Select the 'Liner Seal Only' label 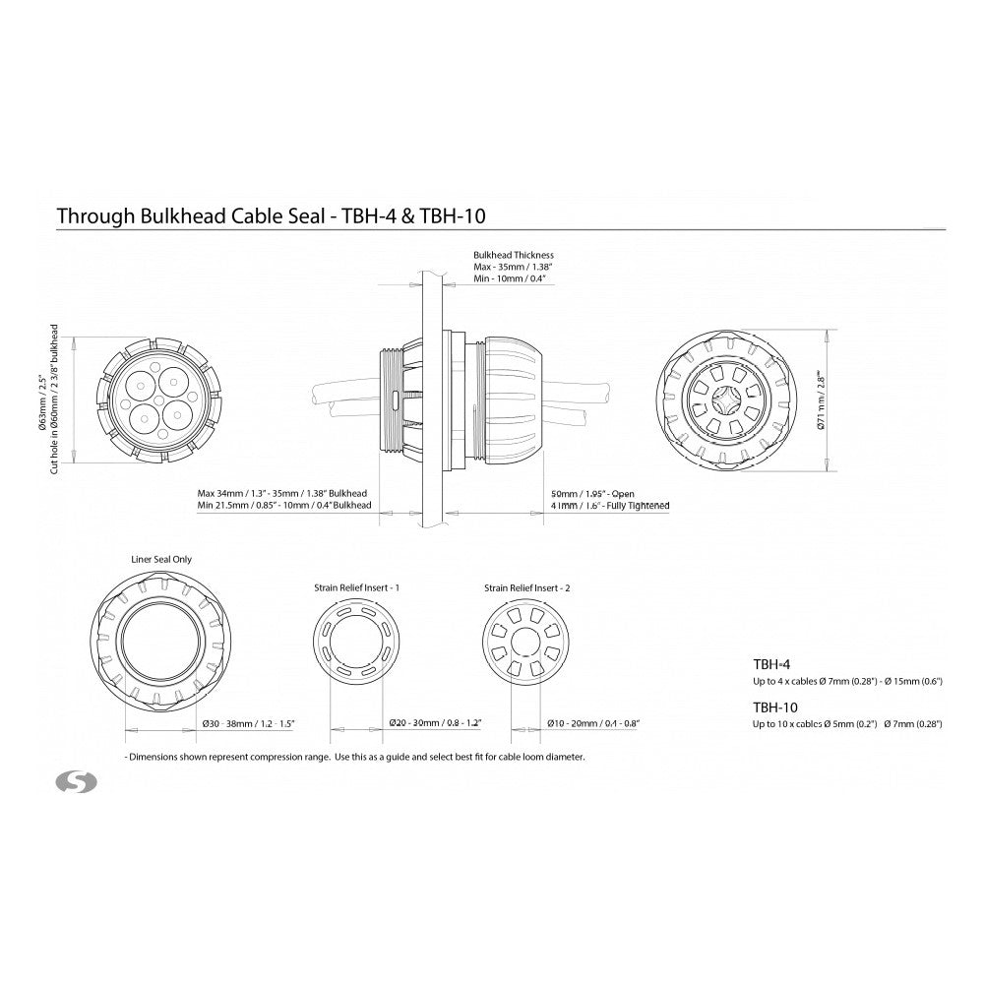coord(162,559)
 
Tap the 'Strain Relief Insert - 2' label coord(527,587)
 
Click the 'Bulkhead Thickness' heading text coord(514,255)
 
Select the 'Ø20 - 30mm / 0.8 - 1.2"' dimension coord(434,723)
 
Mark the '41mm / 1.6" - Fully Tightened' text coord(610,506)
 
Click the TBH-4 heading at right coord(771,664)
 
